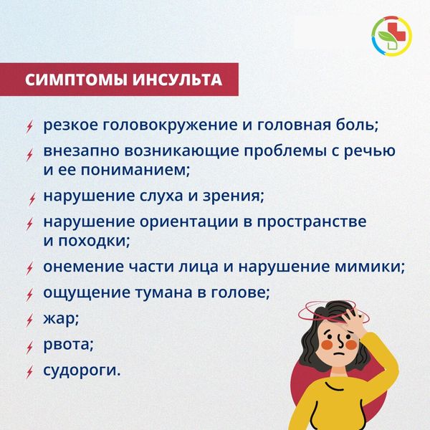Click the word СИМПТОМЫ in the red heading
pos(76,80)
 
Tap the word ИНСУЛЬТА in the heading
pos(178,80)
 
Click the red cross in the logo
pos(395,32)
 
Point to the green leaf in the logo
pos(386,37)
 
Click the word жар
pos(61,319)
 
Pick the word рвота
pos(68,345)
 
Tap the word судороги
pos(82,371)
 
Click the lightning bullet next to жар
pos(29,320)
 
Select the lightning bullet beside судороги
pos(29,372)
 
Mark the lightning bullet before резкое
pos(29,127)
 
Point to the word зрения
pos(233,196)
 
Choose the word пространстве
pos(312,222)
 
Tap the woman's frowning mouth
pos(338,353)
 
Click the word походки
pos(94,241)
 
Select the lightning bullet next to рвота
pos(29,348)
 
